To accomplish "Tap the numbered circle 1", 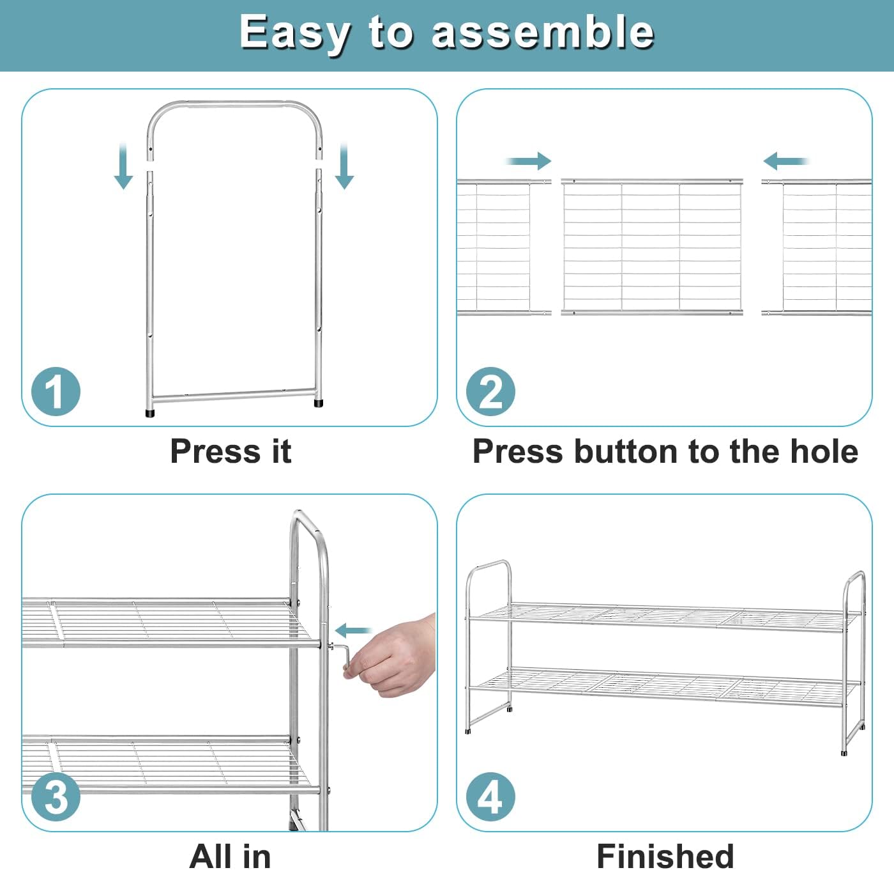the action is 56,391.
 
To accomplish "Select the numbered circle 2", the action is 490,391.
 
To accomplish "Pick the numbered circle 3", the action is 56,796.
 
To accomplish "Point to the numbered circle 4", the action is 490,796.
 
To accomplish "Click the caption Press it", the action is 231,451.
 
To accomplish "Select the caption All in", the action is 230,856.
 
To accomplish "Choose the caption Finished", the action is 665,856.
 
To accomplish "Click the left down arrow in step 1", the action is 123,166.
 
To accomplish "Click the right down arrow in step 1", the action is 344,166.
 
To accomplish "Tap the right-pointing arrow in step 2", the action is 528,161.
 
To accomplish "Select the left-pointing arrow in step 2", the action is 786,161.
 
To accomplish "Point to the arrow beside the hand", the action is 353,630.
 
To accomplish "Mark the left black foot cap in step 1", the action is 150,412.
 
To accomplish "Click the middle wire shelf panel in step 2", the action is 652,247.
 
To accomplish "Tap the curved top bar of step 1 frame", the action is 234,105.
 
